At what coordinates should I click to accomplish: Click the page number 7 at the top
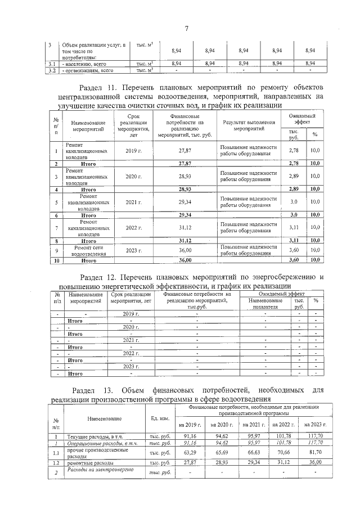pyautogui.click(x=186, y=29)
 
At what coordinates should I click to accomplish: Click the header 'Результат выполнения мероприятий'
pyautogui.click(x=248, y=125)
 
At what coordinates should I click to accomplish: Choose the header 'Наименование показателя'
pyautogui.click(x=263, y=304)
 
